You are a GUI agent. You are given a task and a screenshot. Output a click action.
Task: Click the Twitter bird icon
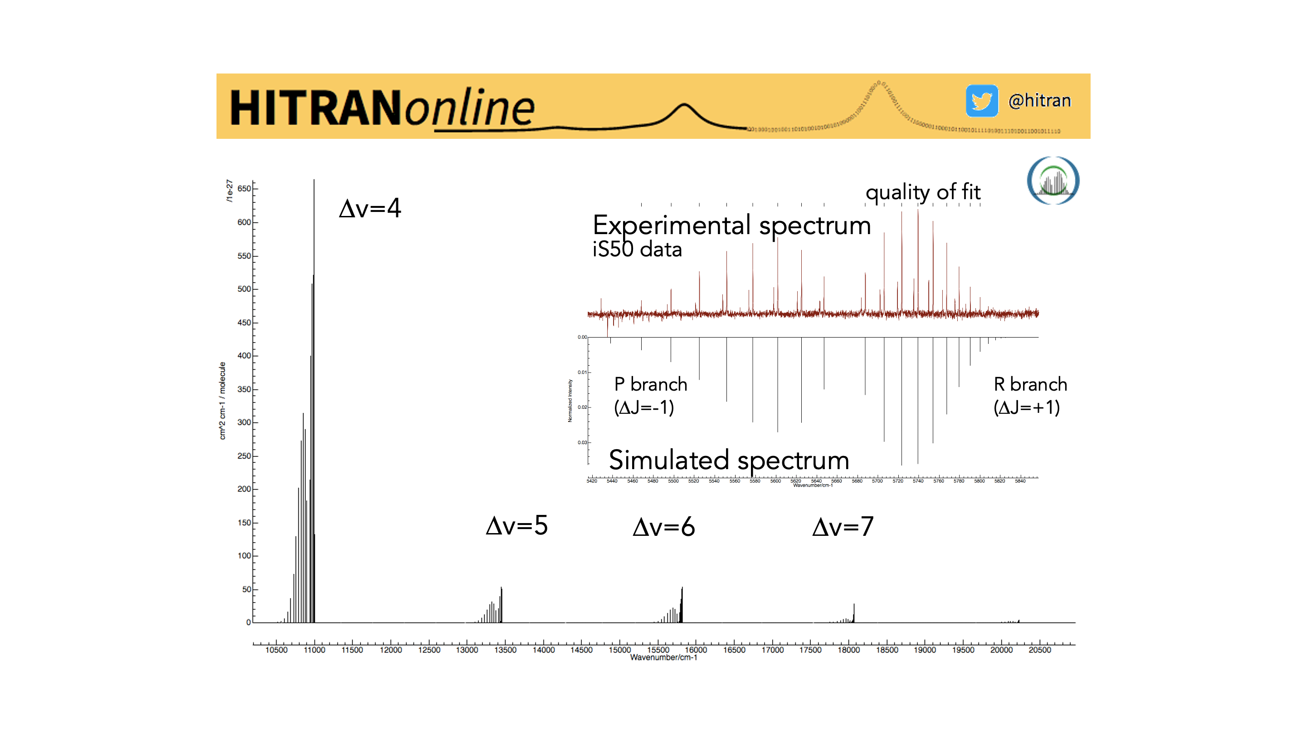(x=981, y=101)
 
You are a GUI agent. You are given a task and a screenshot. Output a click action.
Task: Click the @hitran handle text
(x=1039, y=101)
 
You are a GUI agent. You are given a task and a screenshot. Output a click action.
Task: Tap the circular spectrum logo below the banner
(x=1053, y=181)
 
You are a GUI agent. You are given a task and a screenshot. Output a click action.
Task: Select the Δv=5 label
(x=517, y=525)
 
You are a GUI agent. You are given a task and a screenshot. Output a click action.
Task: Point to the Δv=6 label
(x=663, y=527)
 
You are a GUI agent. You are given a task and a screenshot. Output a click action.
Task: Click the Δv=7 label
(x=843, y=527)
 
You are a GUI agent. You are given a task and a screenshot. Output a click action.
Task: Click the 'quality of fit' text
(x=923, y=192)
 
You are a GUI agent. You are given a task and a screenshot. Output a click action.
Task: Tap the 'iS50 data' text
(x=637, y=250)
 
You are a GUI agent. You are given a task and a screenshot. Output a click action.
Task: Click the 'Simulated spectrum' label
(x=729, y=460)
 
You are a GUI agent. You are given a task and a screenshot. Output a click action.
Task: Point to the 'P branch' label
(x=650, y=384)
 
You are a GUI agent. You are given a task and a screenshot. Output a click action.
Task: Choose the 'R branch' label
(x=1030, y=384)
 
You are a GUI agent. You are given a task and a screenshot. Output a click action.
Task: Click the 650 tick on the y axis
(x=244, y=189)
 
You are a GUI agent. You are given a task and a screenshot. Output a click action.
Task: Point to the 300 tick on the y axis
(x=244, y=422)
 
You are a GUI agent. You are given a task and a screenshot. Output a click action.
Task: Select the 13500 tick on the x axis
(x=505, y=650)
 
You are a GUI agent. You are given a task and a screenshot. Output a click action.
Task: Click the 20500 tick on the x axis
(x=1039, y=650)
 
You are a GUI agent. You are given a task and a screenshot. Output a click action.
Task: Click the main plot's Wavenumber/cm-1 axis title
(x=663, y=657)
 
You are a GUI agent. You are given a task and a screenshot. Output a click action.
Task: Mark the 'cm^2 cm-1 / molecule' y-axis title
(x=222, y=401)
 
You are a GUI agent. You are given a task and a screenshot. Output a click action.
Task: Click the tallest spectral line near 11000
(x=314, y=355)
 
